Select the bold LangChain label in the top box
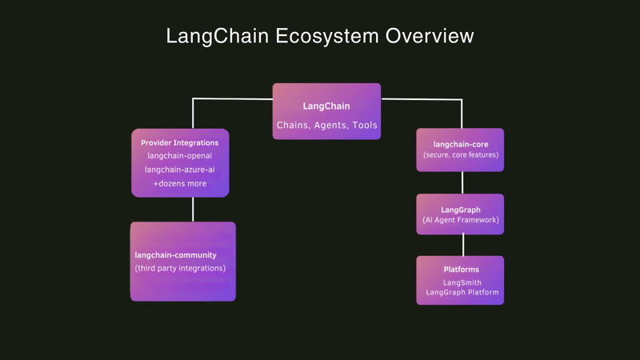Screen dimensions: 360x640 326,106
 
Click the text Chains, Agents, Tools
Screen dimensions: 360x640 326,126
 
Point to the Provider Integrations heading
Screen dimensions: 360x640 180,142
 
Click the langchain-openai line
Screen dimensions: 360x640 180,156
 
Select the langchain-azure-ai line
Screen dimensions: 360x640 180,170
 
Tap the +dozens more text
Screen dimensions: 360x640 180,183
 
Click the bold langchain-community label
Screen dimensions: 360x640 176,254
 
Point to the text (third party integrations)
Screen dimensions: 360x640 180,268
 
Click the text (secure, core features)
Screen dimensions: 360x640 460,154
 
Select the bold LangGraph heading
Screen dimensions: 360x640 460,210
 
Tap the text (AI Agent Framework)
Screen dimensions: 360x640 460,220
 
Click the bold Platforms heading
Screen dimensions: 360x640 461,270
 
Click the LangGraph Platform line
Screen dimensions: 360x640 462,293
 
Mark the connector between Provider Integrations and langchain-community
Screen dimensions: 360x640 192,210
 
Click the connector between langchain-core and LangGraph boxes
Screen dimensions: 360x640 461,182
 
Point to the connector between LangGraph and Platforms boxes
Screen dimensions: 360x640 461,245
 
